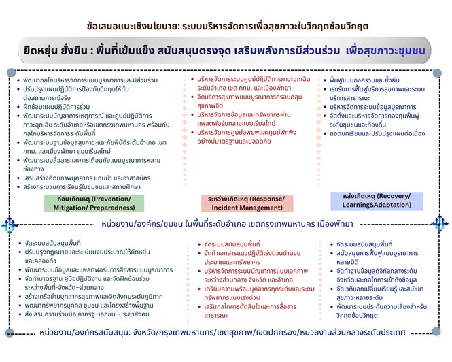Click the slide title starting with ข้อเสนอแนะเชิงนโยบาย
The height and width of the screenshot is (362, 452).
pos(224,26)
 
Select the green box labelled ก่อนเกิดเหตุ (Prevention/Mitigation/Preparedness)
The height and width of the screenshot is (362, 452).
pos(89,203)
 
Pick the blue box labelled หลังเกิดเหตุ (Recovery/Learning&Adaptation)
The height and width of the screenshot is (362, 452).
pos(374,200)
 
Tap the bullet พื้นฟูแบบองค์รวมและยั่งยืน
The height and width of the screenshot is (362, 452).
pos(367,80)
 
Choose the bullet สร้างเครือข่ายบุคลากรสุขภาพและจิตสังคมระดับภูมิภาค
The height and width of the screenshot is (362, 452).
pos(91,297)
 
